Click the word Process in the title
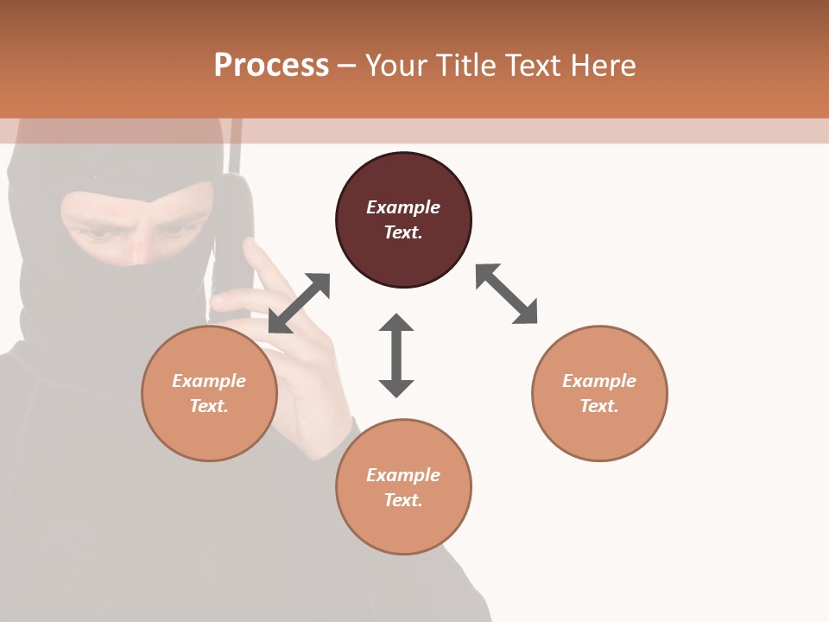coord(271,66)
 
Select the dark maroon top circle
coord(403,220)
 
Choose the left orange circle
coord(209,393)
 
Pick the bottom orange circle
coord(403,486)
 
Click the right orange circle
coord(599,393)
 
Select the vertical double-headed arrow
coord(396,355)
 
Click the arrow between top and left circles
coord(299,303)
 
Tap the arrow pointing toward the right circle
coord(507,295)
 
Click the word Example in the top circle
coord(403,207)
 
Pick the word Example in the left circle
coord(209,381)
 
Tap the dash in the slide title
coord(347,67)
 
